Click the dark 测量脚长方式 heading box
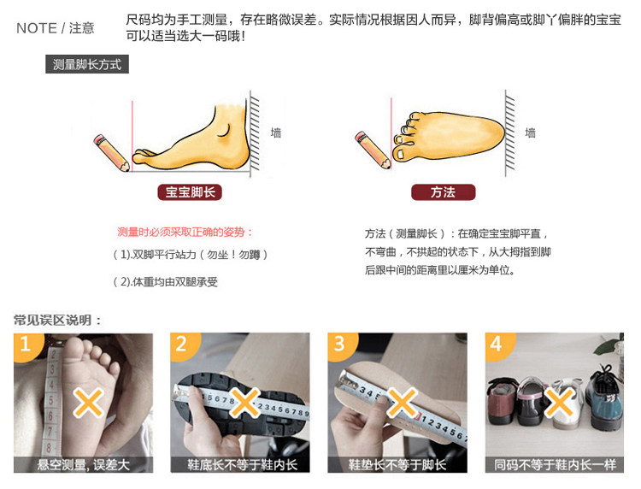[x=87, y=64]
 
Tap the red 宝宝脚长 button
[x=190, y=192]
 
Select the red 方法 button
[x=443, y=192]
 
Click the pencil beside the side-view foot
[x=111, y=152]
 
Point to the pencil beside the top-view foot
[x=373, y=150]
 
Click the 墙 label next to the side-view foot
[x=276, y=133]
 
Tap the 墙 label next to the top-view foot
[x=530, y=133]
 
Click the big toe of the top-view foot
[x=403, y=152]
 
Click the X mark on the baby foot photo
[x=88, y=403]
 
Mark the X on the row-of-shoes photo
[x=559, y=403]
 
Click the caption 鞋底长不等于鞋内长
[x=242, y=465]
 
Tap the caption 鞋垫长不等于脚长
[x=397, y=465]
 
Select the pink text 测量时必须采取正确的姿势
[x=185, y=233]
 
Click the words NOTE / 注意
[x=56, y=28]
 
